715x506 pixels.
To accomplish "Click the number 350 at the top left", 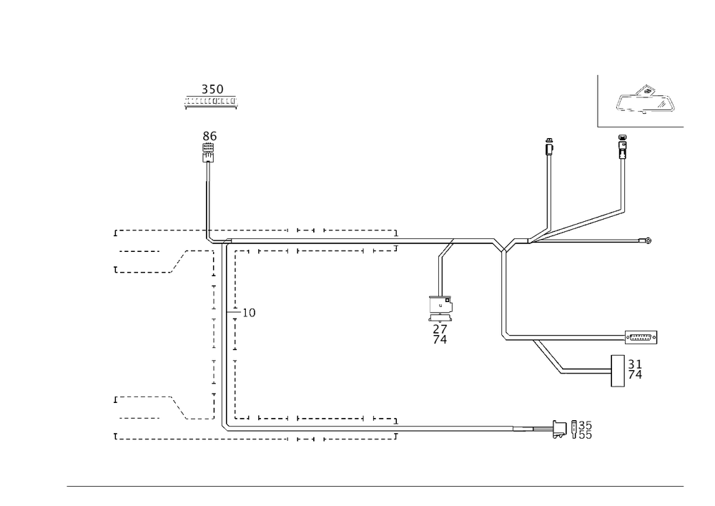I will pos(212,89).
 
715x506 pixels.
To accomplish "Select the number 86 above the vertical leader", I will pos(209,136).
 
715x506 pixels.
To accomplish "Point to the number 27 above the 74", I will pos(440,329).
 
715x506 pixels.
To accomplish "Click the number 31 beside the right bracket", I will pos(634,363).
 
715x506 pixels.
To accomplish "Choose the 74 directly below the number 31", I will pos(634,375).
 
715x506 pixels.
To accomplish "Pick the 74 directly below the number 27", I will pos(440,341).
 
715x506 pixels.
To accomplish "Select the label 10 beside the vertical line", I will pos(248,313).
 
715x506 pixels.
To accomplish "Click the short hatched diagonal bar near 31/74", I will pos(548,355).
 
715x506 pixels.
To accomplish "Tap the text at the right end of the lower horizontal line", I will pos(641,337).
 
